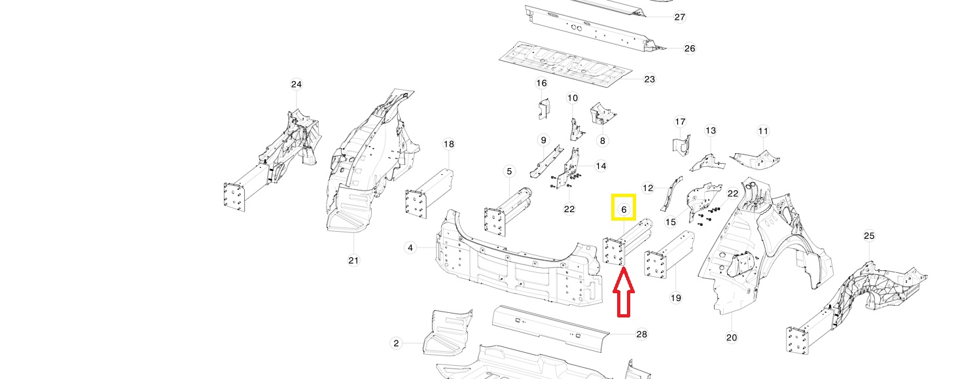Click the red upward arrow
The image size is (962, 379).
pyautogui.click(x=624, y=295)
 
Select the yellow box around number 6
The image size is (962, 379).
pyautogui.click(x=624, y=208)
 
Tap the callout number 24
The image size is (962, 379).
pyautogui.click(x=296, y=84)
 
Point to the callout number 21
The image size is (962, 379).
pyautogui.click(x=353, y=261)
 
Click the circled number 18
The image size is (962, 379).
pyautogui.click(x=448, y=144)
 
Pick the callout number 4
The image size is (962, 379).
pyautogui.click(x=410, y=247)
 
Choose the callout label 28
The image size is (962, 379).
pyautogui.click(x=641, y=334)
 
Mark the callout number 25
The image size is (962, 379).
pyautogui.click(x=868, y=236)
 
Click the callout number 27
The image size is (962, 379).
pyautogui.click(x=679, y=17)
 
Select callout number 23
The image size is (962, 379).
pyautogui.click(x=649, y=79)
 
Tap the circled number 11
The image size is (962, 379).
pyautogui.click(x=763, y=131)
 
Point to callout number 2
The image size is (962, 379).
pyautogui.click(x=396, y=343)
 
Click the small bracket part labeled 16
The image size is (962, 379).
pyautogui.click(x=543, y=109)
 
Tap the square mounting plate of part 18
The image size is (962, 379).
pyautogui.click(x=416, y=204)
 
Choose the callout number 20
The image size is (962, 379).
pyautogui.click(x=732, y=337)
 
